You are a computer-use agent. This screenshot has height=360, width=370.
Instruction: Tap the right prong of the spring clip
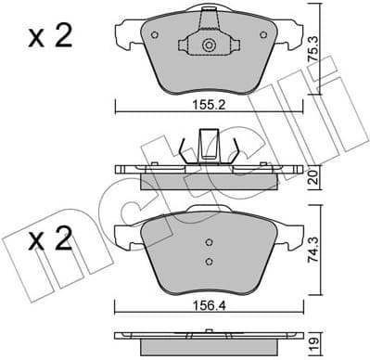pyautogui.click(x=236, y=149)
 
